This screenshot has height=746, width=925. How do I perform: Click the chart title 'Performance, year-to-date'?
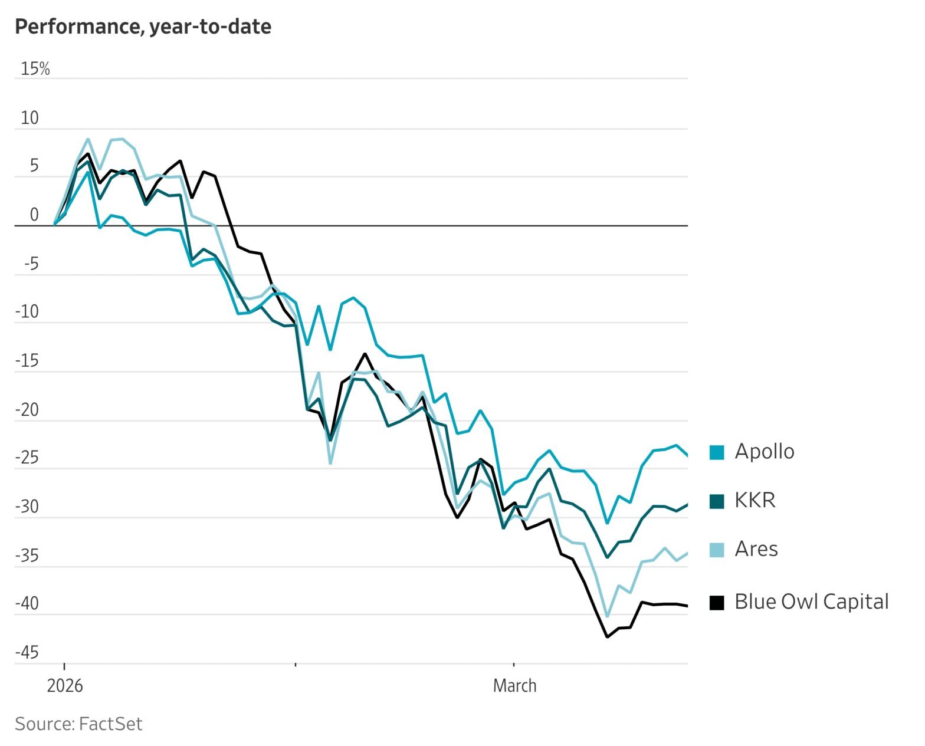click(143, 27)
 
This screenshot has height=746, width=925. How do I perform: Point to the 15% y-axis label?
click(35, 69)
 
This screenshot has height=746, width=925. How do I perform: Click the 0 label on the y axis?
click(34, 215)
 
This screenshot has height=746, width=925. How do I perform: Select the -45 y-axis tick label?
click(27, 653)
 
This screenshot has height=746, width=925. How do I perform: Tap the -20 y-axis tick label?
click(27, 410)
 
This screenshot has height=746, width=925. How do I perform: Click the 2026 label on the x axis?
click(65, 686)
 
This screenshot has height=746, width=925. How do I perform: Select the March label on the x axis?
click(514, 686)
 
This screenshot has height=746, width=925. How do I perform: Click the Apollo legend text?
click(764, 452)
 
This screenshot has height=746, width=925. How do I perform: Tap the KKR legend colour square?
click(716, 501)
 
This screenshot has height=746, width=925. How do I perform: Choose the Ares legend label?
click(756, 550)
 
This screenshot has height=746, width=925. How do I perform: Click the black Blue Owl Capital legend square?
click(716, 603)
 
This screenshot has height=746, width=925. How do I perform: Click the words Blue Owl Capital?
click(811, 602)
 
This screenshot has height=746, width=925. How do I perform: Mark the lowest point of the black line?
click(607, 637)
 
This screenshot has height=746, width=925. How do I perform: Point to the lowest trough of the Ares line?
click(607, 616)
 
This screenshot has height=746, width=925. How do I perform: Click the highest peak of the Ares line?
click(88, 139)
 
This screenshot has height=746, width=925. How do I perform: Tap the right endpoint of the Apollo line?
click(687, 455)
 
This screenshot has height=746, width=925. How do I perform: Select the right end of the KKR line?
click(687, 504)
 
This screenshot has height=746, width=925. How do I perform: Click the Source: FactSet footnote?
click(78, 724)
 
